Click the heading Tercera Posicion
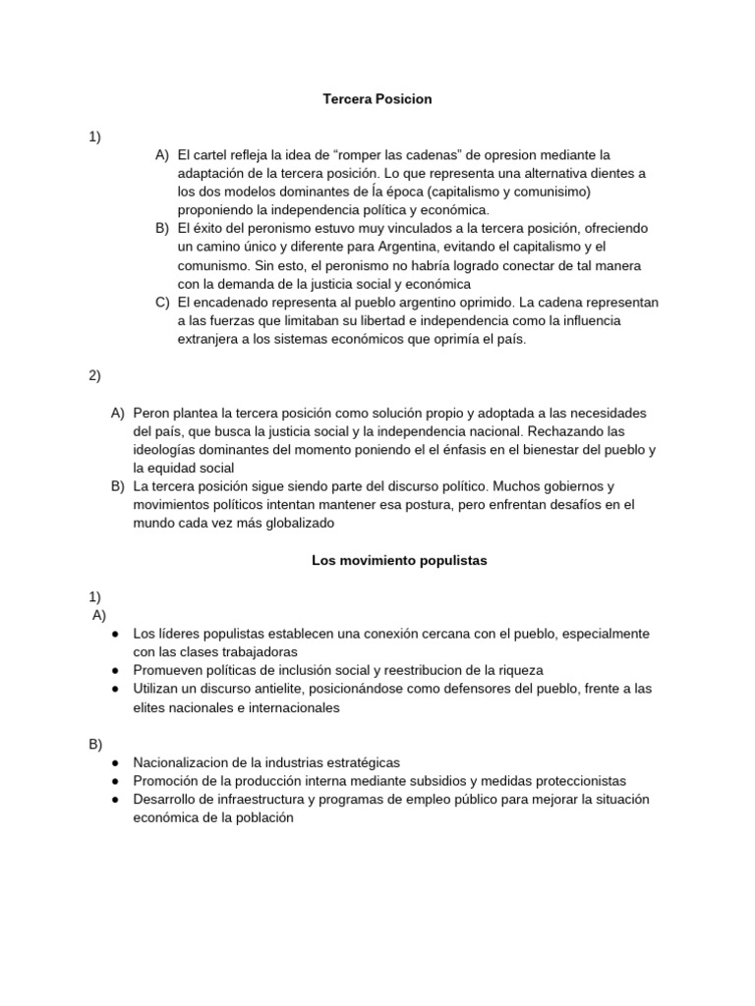377,99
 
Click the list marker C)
162,302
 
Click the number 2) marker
95,375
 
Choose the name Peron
152,413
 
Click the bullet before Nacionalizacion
116,762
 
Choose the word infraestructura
261,800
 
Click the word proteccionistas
576,781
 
